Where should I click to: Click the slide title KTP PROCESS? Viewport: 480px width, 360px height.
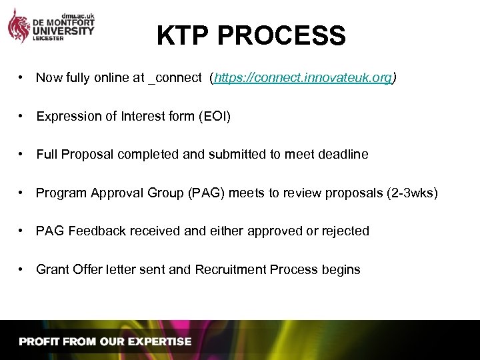click(x=251, y=35)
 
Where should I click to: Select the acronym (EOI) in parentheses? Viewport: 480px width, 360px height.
click(x=215, y=117)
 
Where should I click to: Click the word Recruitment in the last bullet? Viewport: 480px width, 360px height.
click(x=231, y=269)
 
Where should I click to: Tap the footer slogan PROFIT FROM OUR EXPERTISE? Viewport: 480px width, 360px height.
click(x=105, y=341)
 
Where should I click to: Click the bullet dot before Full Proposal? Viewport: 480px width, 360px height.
click(x=22, y=155)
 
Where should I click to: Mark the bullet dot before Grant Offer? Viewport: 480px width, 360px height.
click(x=22, y=269)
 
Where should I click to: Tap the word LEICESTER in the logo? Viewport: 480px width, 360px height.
click(x=48, y=39)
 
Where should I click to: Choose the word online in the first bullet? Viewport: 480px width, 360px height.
click(x=110, y=78)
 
